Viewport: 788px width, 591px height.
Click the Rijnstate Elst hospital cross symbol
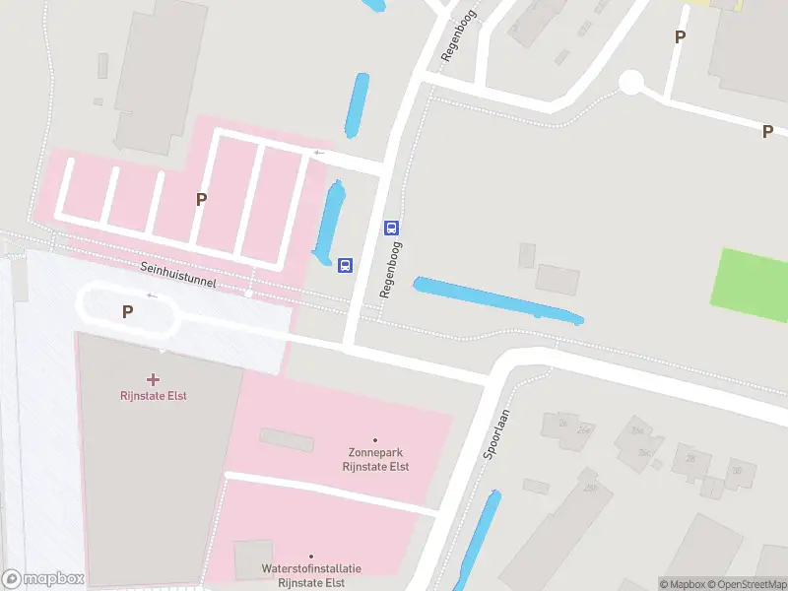pyautogui.click(x=153, y=379)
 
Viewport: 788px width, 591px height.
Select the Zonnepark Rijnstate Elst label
pyautogui.click(x=374, y=460)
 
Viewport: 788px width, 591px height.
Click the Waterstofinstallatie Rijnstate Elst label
pyautogui.click(x=311, y=575)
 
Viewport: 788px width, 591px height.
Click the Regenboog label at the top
pyautogui.click(x=459, y=37)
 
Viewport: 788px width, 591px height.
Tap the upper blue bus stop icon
pyautogui.click(x=391, y=228)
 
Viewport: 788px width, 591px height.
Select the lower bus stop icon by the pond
pyautogui.click(x=346, y=265)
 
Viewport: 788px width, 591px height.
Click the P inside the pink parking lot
pyautogui.click(x=201, y=199)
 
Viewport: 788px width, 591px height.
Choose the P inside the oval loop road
pyautogui.click(x=127, y=311)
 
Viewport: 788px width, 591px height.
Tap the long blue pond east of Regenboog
pyautogui.click(x=497, y=299)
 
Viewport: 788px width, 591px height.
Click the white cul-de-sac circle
pyautogui.click(x=630, y=83)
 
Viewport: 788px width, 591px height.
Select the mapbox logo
pyautogui.click(x=43, y=579)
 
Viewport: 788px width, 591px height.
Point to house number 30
pyautogui.click(x=738, y=470)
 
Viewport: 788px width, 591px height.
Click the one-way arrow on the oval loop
pyautogui.click(x=152, y=295)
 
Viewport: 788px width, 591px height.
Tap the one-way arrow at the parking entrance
pyautogui.click(x=318, y=153)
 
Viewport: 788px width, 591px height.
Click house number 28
pyautogui.click(x=690, y=459)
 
